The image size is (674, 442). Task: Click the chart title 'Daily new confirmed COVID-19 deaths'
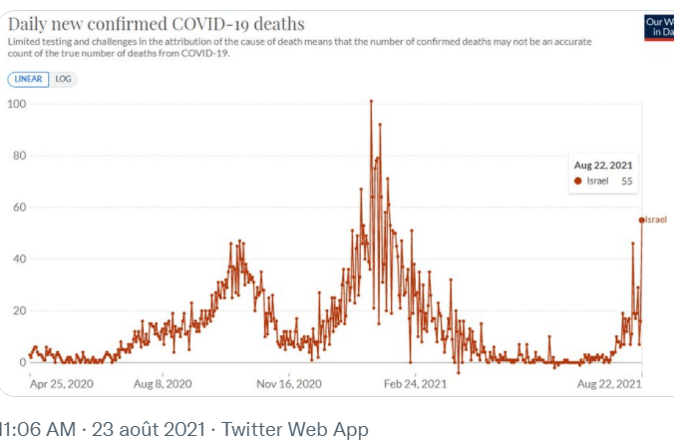pos(157,23)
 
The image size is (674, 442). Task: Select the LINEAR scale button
pos(28,78)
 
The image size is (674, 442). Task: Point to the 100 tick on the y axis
pos(16,104)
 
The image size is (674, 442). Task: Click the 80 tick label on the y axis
pos(19,156)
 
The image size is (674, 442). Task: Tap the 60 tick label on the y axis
pos(19,208)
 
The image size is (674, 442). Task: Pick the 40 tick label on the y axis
pos(19,259)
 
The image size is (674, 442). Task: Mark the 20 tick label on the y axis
pos(19,311)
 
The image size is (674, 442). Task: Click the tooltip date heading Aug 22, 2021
pos(603,165)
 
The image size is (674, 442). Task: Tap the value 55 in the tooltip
pos(627,182)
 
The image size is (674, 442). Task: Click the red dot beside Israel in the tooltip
pos(578,182)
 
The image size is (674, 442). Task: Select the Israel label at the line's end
pos(656,220)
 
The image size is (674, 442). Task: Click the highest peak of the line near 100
pos(371,101)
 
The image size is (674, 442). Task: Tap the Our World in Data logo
pos(659,26)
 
